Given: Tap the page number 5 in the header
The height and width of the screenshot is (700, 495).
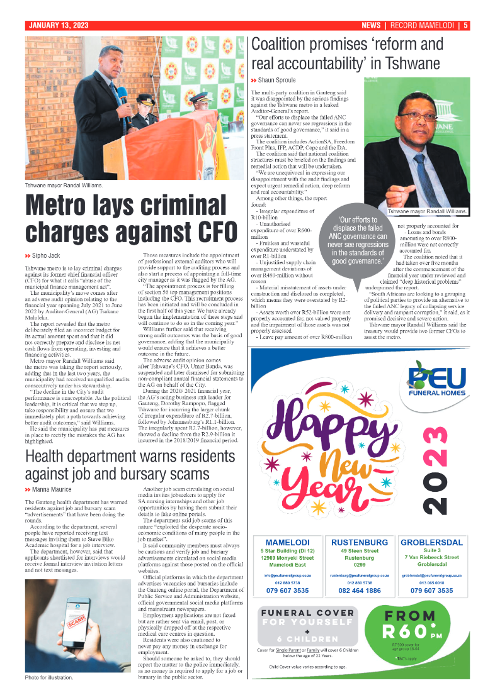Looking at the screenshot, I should (465, 26).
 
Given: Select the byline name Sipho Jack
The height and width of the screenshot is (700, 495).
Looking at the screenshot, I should (46, 256).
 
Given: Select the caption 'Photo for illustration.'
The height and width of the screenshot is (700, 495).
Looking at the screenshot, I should (49, 677).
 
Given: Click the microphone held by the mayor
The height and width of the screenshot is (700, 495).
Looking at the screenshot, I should (123, 97).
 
